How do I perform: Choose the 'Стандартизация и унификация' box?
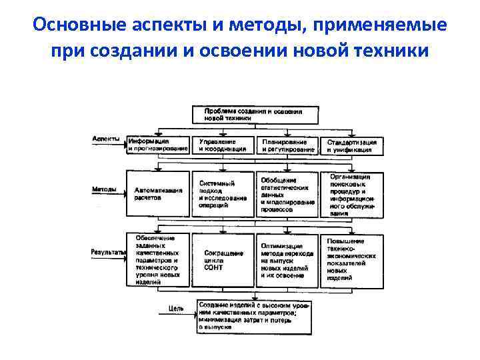[x=352, y=146]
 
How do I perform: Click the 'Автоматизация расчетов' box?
[x=157, y=194]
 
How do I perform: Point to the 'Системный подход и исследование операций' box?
[x=223, y=194]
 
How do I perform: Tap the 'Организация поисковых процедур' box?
[x=353, y=194]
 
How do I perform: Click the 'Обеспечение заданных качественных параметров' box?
[x=157, y=260]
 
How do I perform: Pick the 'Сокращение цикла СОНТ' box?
[x=223, y=260]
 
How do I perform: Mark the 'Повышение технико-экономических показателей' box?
[x=353, y=260]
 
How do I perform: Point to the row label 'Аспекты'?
[x=106, y=139]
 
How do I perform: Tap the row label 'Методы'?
[x=104, y=189]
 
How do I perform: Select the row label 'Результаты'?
[x=107, y=252]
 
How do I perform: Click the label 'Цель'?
[x=176, y=309]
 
